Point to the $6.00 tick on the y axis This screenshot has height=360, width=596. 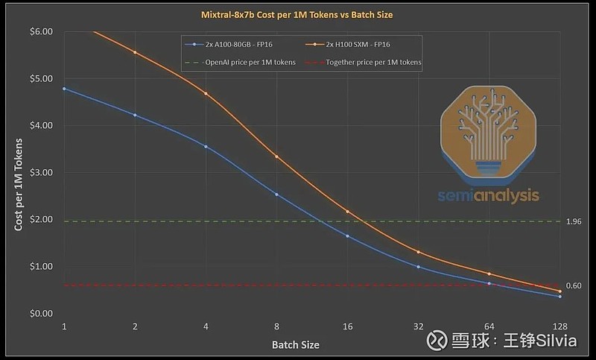point(41,31)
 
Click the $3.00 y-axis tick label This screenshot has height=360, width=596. point(41,172)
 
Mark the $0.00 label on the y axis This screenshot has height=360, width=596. point(41,313)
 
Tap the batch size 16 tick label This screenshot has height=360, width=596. point(347,327)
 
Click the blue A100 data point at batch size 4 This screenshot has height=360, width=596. point(206,147)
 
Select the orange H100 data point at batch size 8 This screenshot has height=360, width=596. point(276,157)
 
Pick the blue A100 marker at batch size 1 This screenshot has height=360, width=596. point(64,89)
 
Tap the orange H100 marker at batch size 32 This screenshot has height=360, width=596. point(418,252)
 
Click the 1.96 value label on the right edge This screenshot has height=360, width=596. point(574,221)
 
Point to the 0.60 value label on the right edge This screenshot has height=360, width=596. point(574,285)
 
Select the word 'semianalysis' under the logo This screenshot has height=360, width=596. point(489,196)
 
